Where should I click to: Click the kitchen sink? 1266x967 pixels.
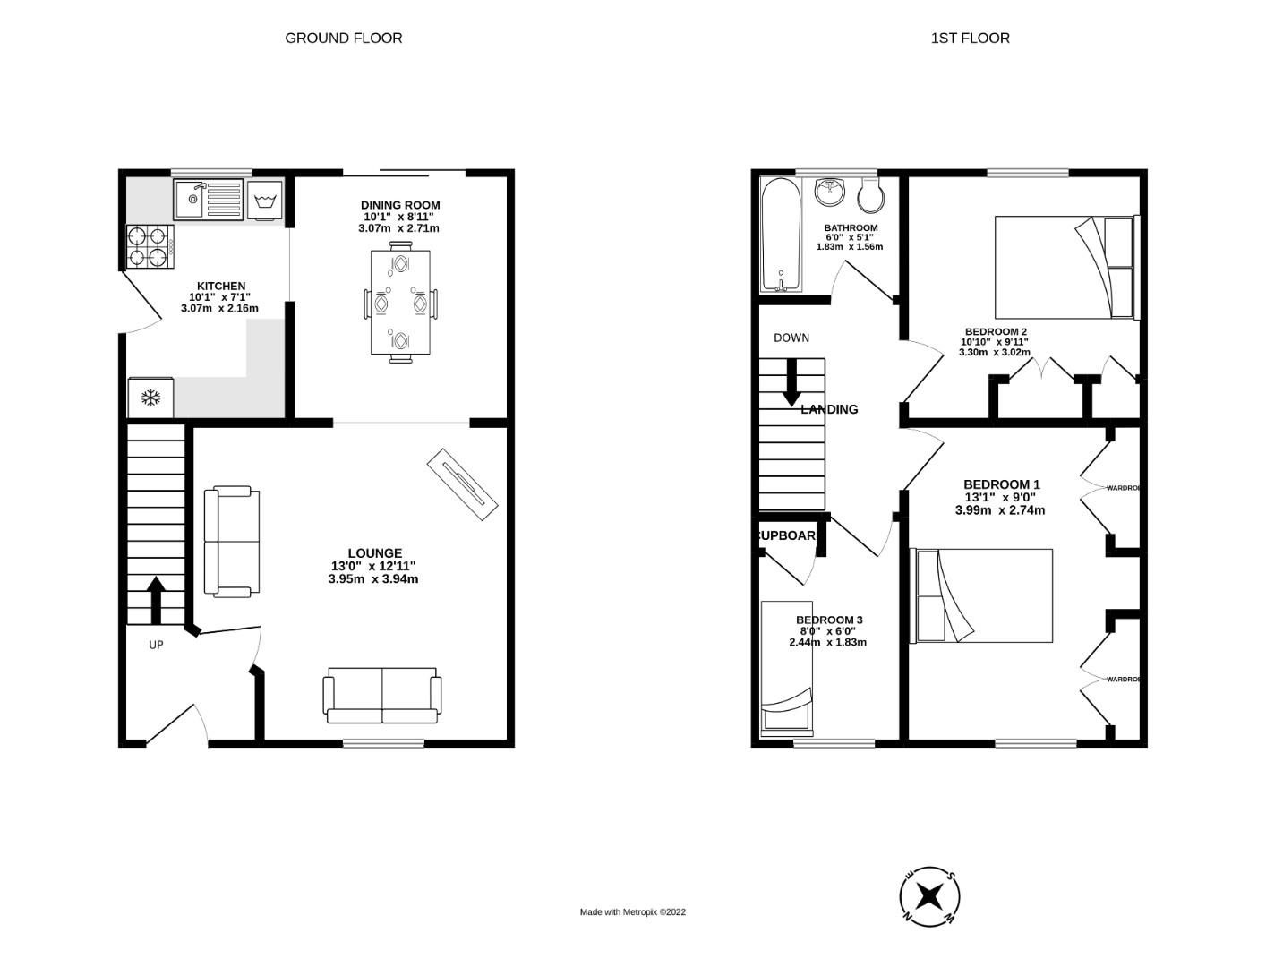point(209,199)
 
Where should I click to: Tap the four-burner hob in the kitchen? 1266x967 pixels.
point(148,247)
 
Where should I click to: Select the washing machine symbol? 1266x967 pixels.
point(264,200)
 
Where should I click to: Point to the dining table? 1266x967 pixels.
point(400,302)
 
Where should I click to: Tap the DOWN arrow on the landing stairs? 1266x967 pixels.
point(791,382)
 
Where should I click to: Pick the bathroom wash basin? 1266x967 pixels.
point(832,191)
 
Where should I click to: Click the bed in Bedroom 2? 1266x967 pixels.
point(1065,267)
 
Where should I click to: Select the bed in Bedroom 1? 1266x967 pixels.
point(982,595)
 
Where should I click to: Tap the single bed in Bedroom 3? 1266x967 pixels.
point(787,668)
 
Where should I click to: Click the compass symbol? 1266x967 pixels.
point(930,895)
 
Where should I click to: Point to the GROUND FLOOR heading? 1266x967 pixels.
point(343,38)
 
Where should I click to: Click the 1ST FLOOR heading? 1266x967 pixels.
point(970,38)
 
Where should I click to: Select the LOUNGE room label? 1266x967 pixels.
point(374,553)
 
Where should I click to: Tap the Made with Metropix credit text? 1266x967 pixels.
point(632,912)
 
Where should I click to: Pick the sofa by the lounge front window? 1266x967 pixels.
point(382,696)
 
